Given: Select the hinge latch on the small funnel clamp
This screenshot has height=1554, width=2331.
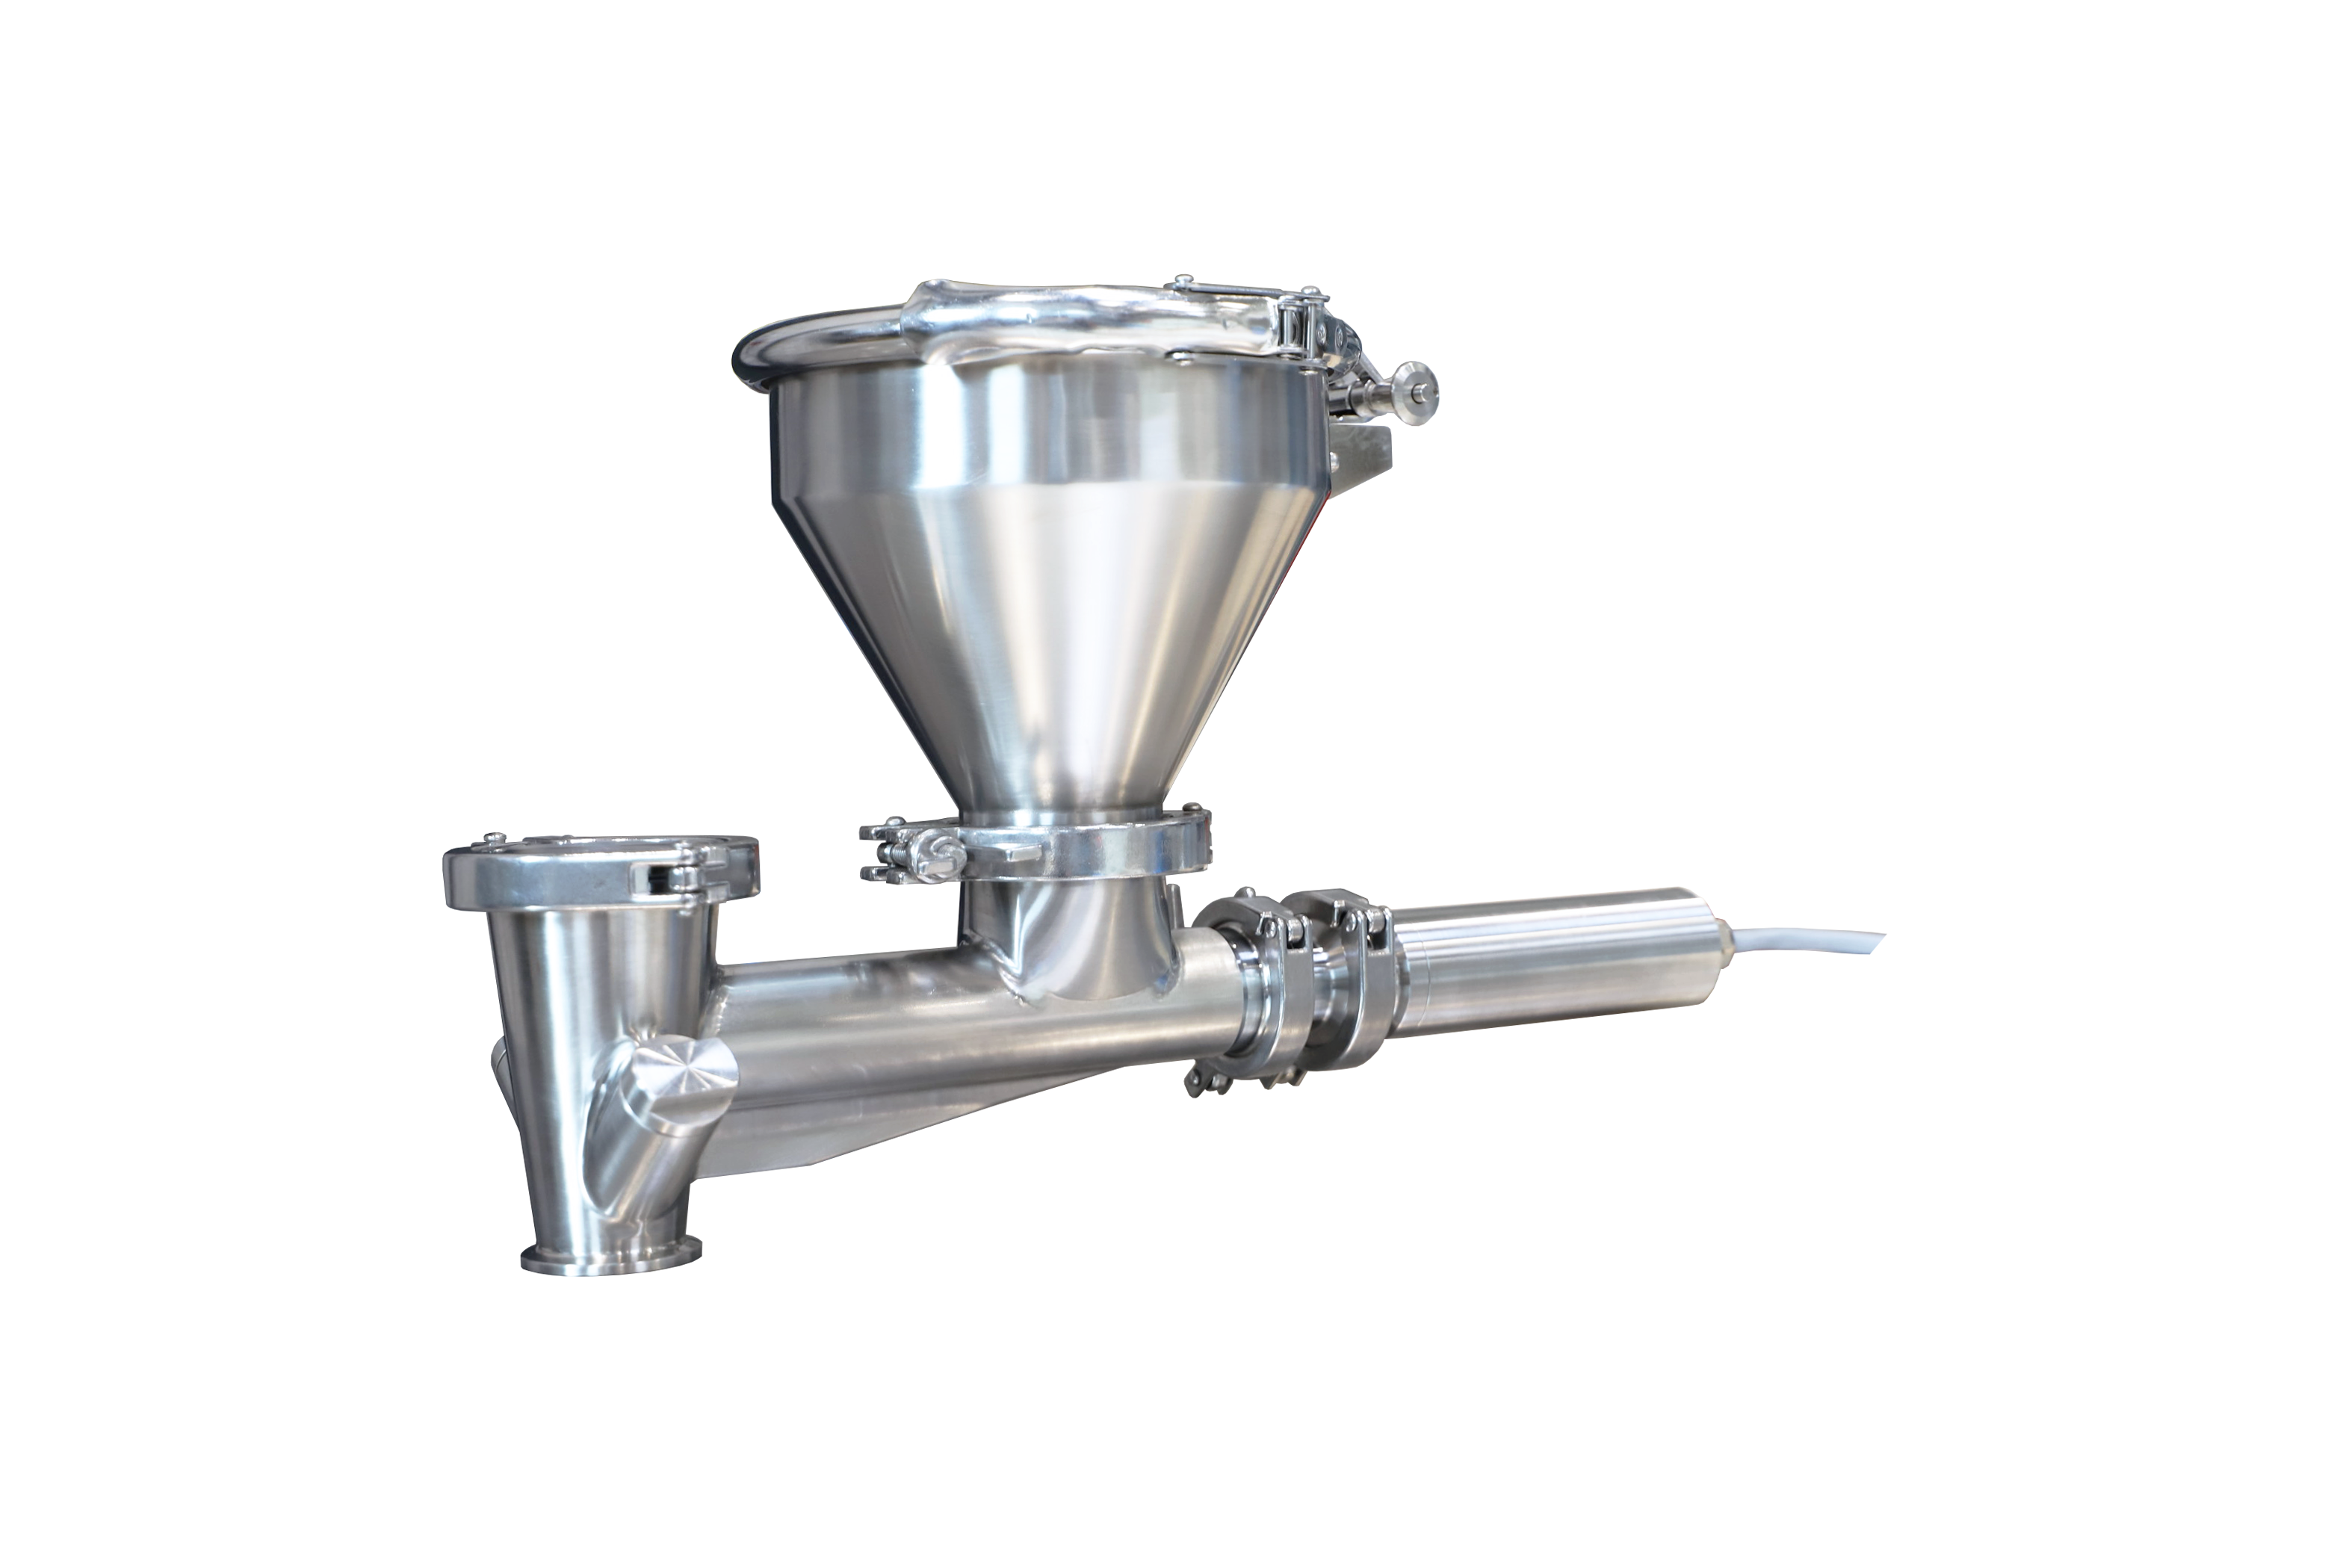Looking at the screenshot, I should [x=684, y=872].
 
